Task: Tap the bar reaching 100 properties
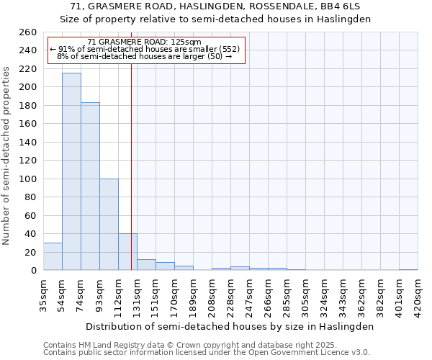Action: pos(109,224)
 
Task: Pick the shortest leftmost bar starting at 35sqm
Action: pos(53,256)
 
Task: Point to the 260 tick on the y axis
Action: pos(29,32)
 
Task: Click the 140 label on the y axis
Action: pos(29,143)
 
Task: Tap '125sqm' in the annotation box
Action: pos(186,42)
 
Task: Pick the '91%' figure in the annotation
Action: pos(67,49)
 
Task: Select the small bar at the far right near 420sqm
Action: pos(408,269)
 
